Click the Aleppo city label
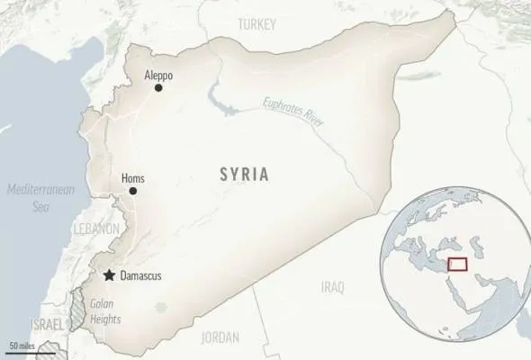[x=158, y=75]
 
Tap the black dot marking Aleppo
[x=158, y=87]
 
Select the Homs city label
[x=132, y=178]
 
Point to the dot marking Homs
[x=132, y=191]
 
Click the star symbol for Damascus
[x=109, y=275]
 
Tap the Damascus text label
[x=140, y=275]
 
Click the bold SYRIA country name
[x=243, y=175]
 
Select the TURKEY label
[x=257, y=26]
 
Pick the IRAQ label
[x=332, y=287]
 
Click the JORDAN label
[x=220, y=337]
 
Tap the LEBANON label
[x=97, y=229]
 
